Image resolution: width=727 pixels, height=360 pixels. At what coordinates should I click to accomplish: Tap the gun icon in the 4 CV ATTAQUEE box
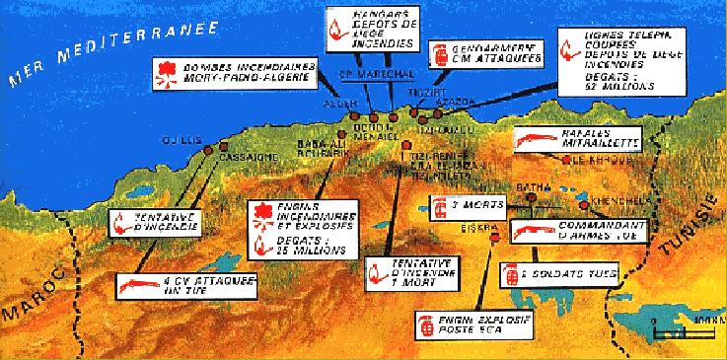pyautogui.click(x=132, y=285)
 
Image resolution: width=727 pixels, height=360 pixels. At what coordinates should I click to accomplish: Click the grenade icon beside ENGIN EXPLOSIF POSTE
pyautogui.click(x=429, y=325)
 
